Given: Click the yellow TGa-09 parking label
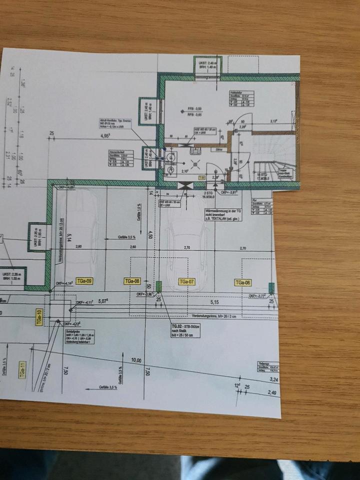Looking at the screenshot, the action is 83,281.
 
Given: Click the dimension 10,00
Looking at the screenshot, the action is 136,360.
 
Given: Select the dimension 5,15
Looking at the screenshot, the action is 215,302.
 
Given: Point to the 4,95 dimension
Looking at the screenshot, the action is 104,135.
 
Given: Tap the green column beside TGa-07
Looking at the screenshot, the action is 159,286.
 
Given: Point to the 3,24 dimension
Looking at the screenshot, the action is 273,380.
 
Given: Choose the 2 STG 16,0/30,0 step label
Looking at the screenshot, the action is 208,194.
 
